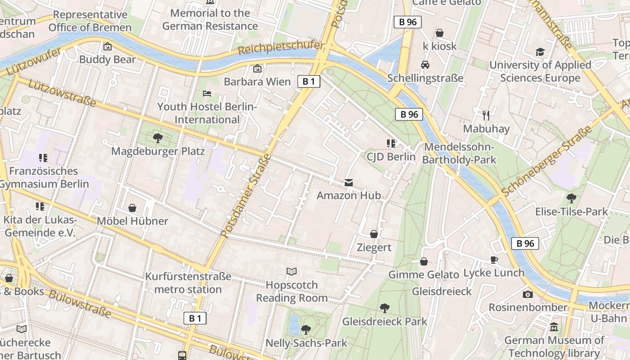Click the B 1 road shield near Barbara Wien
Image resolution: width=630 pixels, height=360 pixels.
pos(309,81)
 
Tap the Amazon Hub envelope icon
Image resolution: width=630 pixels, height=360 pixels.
pos(349,183)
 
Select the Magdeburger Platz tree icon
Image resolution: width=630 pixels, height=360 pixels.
pos(157,138)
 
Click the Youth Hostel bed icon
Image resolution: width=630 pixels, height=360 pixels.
pos(207,94)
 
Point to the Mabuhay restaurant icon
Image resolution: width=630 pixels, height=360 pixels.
pos(486,116)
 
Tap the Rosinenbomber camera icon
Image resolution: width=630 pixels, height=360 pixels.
pos(527,294)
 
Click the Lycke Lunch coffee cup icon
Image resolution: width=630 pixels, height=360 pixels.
pos(494,260)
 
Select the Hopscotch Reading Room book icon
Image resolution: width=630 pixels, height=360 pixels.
pos(292,271)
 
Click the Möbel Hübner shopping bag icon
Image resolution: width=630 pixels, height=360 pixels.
pos(132,208)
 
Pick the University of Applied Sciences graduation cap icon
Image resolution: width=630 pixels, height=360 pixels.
pos(540,52)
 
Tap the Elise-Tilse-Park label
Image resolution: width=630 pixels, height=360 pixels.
pos(571,211)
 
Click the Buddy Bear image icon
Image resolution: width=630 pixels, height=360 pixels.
pos(108,46)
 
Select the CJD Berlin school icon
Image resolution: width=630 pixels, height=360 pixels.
pos(391,144)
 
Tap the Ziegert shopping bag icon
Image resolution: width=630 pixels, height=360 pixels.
pos(374,234)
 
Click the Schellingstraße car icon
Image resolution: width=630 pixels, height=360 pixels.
pos(425,65)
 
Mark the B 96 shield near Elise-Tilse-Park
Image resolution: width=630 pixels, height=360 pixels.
pos(525,243)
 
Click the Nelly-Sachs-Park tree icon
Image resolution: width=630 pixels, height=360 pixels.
pos(306,330)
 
